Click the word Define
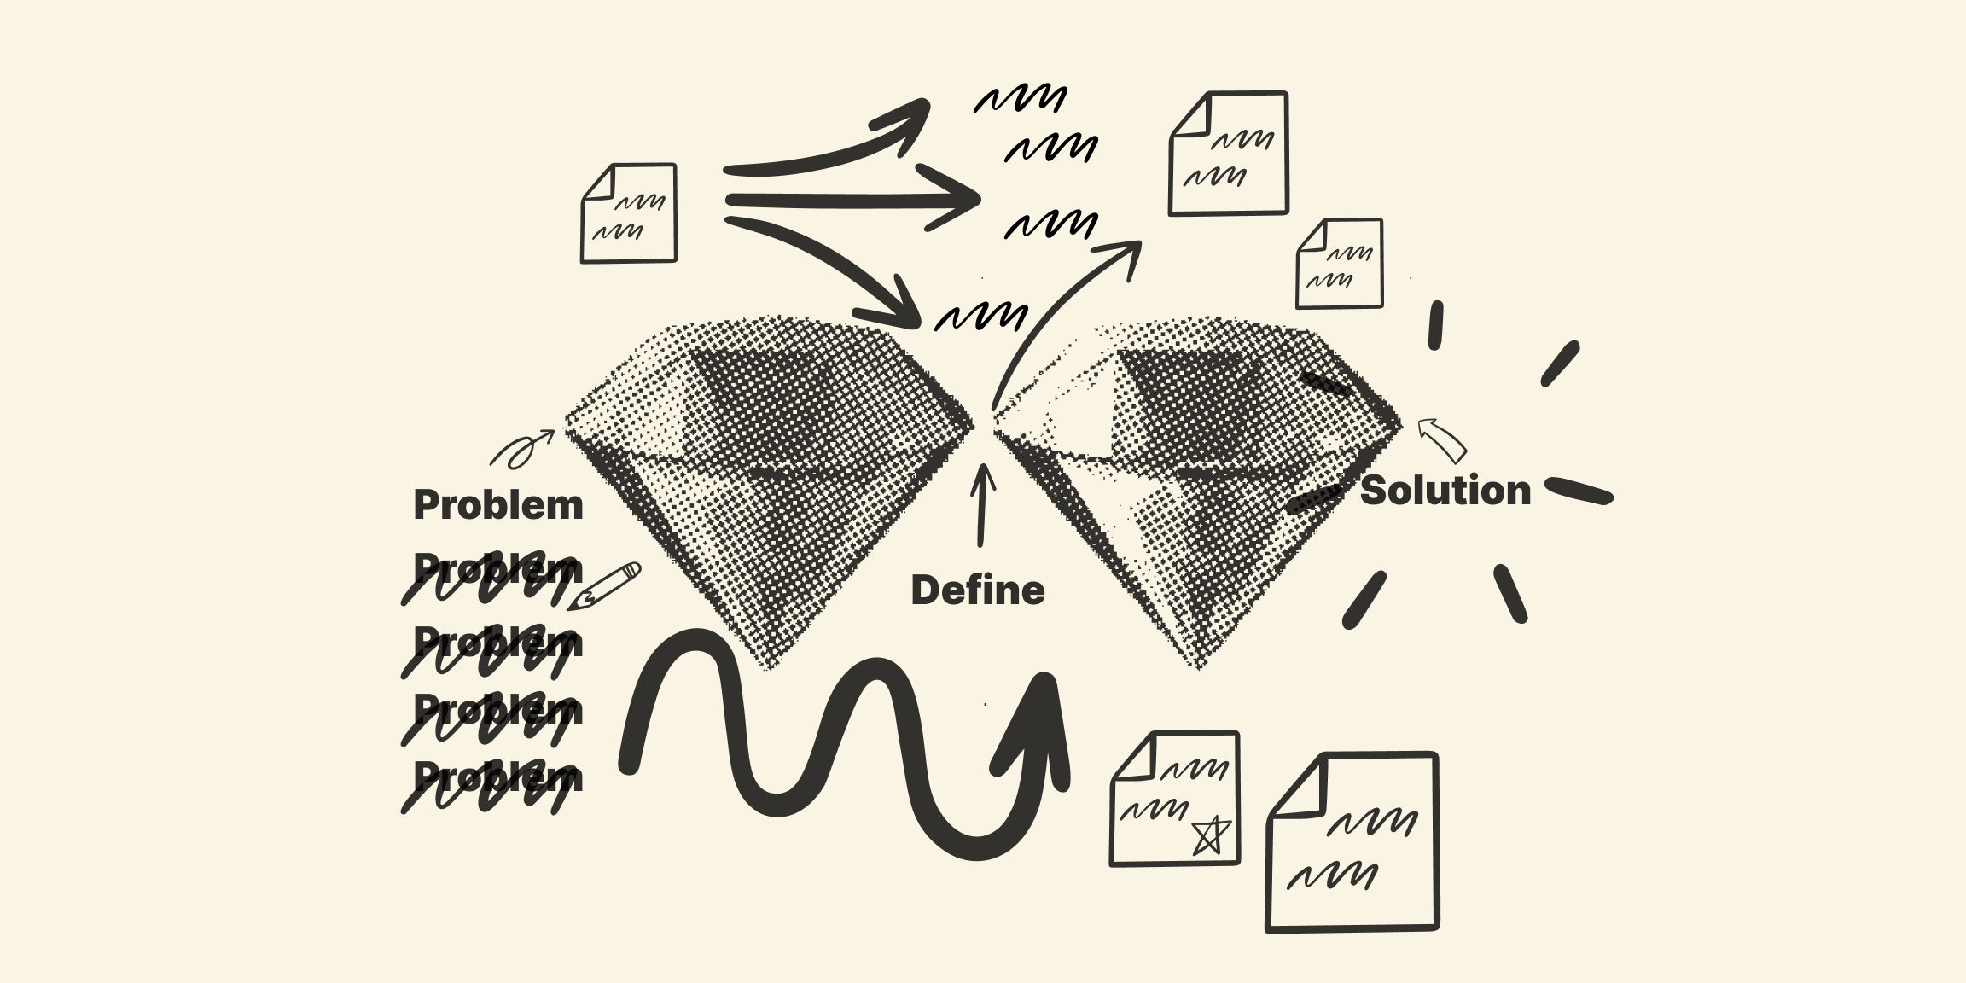pyautogui.click(x=978, y=590)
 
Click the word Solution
pyautogui.click(x=1445, y=491)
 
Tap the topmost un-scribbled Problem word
pyautogui.click(x=498, y=505)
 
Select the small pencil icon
pyautogui.click(x=605, y=586)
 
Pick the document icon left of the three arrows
pyautogui.click(x=629, y=213)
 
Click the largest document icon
pyautogui.click(x=1352, y=841)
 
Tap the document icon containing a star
pyautogui.click(x=1175, y=799)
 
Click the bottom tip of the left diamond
pyautogui.click(x=768, y=666)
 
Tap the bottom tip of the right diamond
pyautogui.click(x=1198, y=666)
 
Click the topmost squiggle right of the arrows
pyautogui.click(x=1021, y=99)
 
